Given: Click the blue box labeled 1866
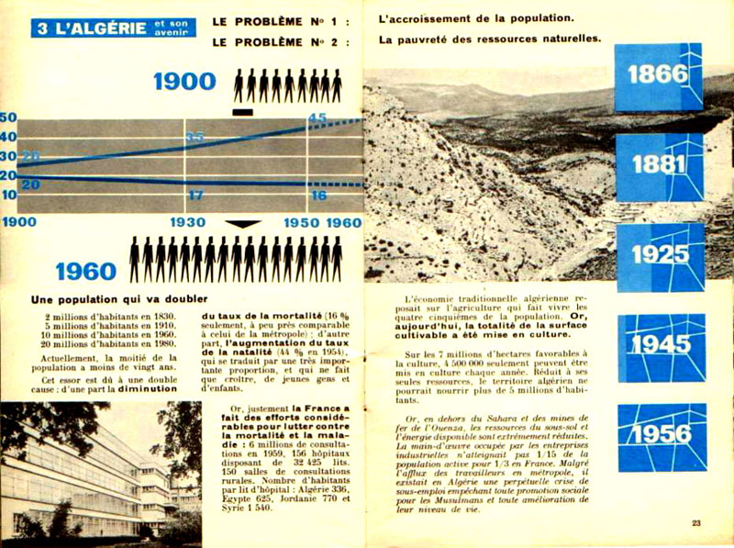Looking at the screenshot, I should click(658, 77).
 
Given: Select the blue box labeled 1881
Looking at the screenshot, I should click(660, 166).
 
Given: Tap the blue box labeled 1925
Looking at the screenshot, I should click(660, 255).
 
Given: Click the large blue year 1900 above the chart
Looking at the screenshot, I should click(184, 83).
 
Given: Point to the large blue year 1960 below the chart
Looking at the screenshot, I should click(86, 272).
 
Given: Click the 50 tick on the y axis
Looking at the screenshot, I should click(8, 117).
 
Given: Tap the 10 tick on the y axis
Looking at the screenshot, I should click(8, 195).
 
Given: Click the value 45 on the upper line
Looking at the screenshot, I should click(317, 118).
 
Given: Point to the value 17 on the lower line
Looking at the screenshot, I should click(195, 196).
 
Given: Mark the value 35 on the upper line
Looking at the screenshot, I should click(195, 138).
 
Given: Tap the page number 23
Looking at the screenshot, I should click(697, 522).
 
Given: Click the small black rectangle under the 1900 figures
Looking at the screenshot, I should click(242, 112).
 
